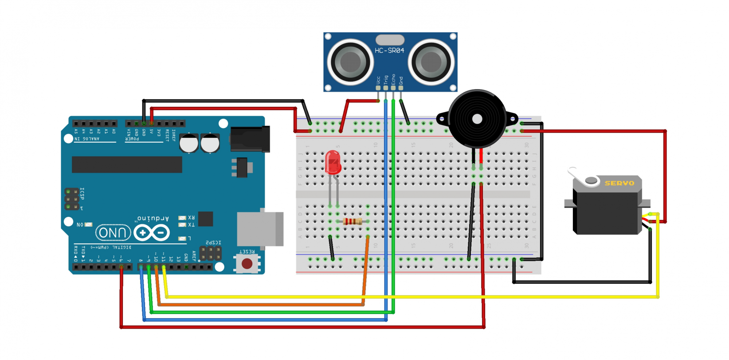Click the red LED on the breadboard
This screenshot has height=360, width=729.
333,162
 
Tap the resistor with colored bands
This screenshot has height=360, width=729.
353,221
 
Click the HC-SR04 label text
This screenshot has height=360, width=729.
389,51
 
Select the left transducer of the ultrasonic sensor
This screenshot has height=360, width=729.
350,62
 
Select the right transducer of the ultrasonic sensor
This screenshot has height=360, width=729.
431,62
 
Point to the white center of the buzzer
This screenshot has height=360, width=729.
477,119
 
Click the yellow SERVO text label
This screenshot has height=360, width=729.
619,183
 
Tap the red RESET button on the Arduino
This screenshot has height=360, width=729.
247,264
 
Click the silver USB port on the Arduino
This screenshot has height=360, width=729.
260,229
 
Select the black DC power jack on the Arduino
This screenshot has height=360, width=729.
251,139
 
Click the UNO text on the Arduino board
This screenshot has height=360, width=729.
113,233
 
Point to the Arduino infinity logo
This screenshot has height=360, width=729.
152,233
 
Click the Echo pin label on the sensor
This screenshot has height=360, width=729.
393,79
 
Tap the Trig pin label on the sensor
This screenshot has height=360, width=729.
386,80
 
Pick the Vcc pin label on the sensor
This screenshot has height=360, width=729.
378,80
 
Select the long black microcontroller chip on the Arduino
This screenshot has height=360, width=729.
127,164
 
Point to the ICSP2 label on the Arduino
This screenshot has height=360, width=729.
213,243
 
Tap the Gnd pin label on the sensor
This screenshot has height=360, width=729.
401,81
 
